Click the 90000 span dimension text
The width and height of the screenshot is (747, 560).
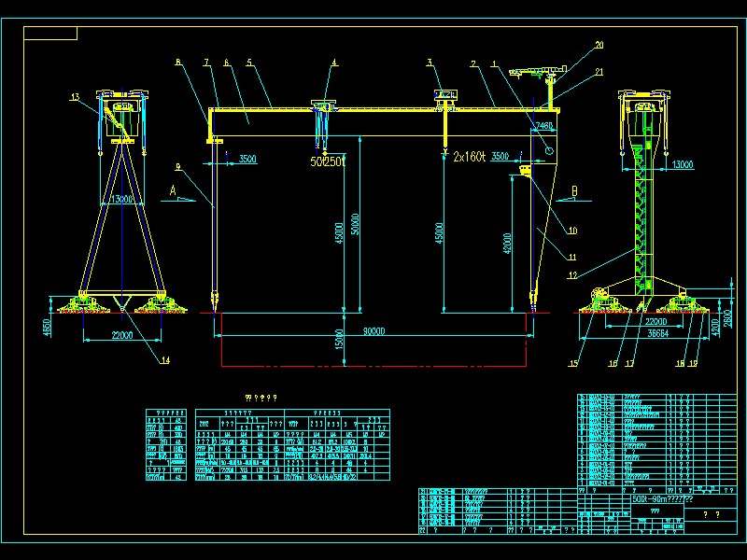click(373, 331)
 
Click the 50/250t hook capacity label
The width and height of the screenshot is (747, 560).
click(328, 161)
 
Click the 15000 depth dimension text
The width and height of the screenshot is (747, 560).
click(342, 342)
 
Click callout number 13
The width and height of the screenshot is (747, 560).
click(75, 96)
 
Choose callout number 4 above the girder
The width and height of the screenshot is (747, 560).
click(334, 63)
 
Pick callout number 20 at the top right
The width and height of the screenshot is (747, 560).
click(599, 45)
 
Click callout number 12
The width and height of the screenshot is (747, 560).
click(571, 274)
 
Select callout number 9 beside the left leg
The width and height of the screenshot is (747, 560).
click(176, 168)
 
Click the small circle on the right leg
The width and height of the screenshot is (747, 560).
click(550, 148)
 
